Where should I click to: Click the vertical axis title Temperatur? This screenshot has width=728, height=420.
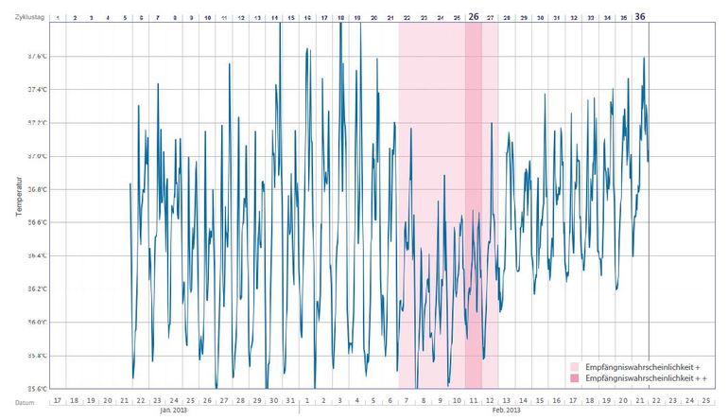pyautogui.click(x=18, y=196)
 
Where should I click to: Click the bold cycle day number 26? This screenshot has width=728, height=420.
pyautogui.click(x=474, y=17)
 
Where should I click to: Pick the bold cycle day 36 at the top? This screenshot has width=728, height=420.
pyautogui.click(x=640, y=17)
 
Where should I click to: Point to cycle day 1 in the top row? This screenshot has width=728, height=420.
pyautogui.click(x=58, y=18)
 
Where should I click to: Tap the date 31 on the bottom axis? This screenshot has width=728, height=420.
pyautogui.click(x=290, y=400)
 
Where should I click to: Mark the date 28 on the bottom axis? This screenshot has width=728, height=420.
pyautogui.click(x=240, y=400)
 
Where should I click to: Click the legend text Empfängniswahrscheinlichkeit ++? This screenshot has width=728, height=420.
pyautogui.click(x=648, y=377)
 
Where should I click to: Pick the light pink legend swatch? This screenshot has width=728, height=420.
pyautogui.click(x=575, y=365)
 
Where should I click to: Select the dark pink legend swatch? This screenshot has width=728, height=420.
pyautogui.click(x=575, y=377)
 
